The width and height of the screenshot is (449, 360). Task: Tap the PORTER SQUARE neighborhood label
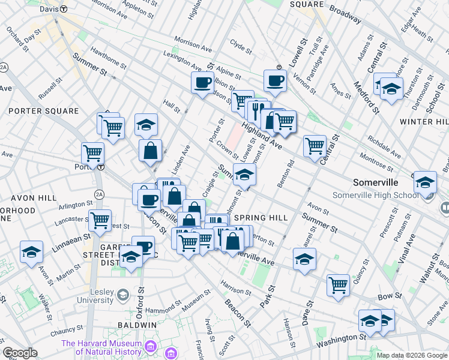(x=43, y=111)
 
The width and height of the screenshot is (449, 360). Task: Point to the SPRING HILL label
(x=261, y=217)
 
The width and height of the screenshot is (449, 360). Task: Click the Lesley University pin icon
(x=123, y=295)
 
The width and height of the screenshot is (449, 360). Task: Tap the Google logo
(x=20, y=353)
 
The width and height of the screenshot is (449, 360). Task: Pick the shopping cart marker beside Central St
(x=315, y=145)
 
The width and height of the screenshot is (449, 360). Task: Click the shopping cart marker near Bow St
(x=339, y=284)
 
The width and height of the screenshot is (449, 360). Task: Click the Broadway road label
(x=345, y=16)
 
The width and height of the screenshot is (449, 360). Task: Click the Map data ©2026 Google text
(x=412, y=355)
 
